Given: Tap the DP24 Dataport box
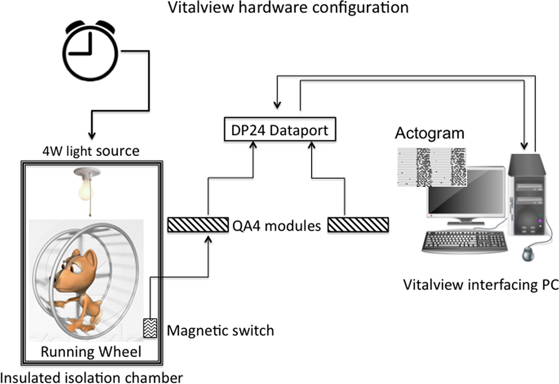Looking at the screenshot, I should (279, 130).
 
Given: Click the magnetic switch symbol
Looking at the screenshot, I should (150, 328).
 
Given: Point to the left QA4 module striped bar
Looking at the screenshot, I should (198, 225).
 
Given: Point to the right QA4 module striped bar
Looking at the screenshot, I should (358, 225).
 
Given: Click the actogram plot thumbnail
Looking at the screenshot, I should (431, 167).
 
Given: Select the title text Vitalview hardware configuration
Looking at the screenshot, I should (288, 7).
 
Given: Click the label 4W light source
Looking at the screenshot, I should (91, 151).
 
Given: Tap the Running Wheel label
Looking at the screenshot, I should (91, 352).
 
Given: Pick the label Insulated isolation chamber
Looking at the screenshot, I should (92, 378).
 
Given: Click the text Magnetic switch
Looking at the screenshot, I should (220, 331).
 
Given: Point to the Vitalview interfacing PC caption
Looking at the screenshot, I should (481, 285).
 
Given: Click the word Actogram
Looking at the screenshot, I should (429, 134).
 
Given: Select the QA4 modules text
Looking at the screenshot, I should (277, 226).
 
